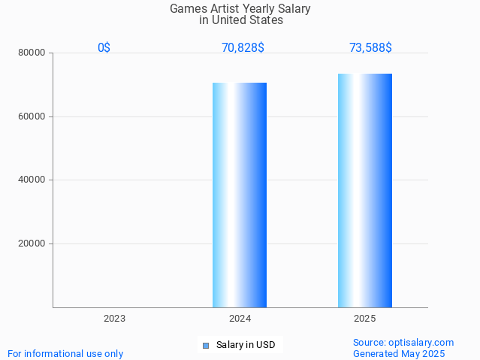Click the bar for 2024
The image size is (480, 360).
coord(240,195)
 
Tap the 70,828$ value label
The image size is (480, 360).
coord(243,48)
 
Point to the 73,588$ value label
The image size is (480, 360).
coord(370,48)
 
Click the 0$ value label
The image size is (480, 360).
coord(104,48)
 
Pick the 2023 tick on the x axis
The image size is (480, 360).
coord(114,319)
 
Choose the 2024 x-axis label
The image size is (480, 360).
coord(240,319)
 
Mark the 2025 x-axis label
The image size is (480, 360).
coord(365,319)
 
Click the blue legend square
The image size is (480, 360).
coord(205,346)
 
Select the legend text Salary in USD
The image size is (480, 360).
coord(246,346)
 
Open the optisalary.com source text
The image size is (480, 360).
coord(403,343)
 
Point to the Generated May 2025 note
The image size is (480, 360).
coord(399,354)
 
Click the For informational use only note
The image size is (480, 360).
coord(65,354)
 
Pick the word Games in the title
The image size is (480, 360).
coord(186,9)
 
